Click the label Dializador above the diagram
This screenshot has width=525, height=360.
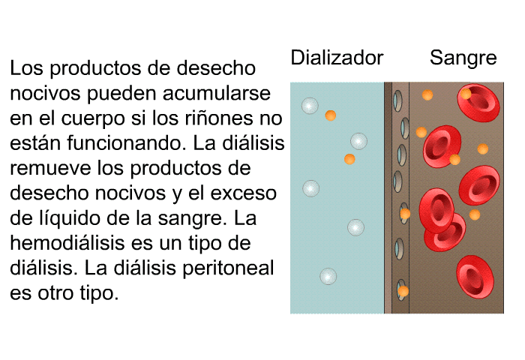click(x=337, y=58)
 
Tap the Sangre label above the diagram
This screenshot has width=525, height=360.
click(x=463, y=58)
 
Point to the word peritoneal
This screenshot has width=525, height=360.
click(x=228, y=268)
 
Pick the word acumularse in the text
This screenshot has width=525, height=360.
click(x=217, y=93)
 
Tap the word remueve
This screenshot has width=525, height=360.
click(x=50, y=168)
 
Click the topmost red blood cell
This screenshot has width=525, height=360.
click(x=478, y=103)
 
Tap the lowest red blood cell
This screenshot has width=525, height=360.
click(x=475, y=277)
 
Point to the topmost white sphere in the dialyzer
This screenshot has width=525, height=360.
click(x=310, y=106)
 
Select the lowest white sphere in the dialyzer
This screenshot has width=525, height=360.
click(x=328, y=277)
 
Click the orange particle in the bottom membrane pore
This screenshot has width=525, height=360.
click(x=403, y=291)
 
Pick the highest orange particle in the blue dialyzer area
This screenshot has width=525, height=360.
click(x=331, y=115)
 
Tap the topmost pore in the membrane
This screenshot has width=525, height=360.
click(x=397, y=100)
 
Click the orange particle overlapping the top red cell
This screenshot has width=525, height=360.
click(x=466, y=94)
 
